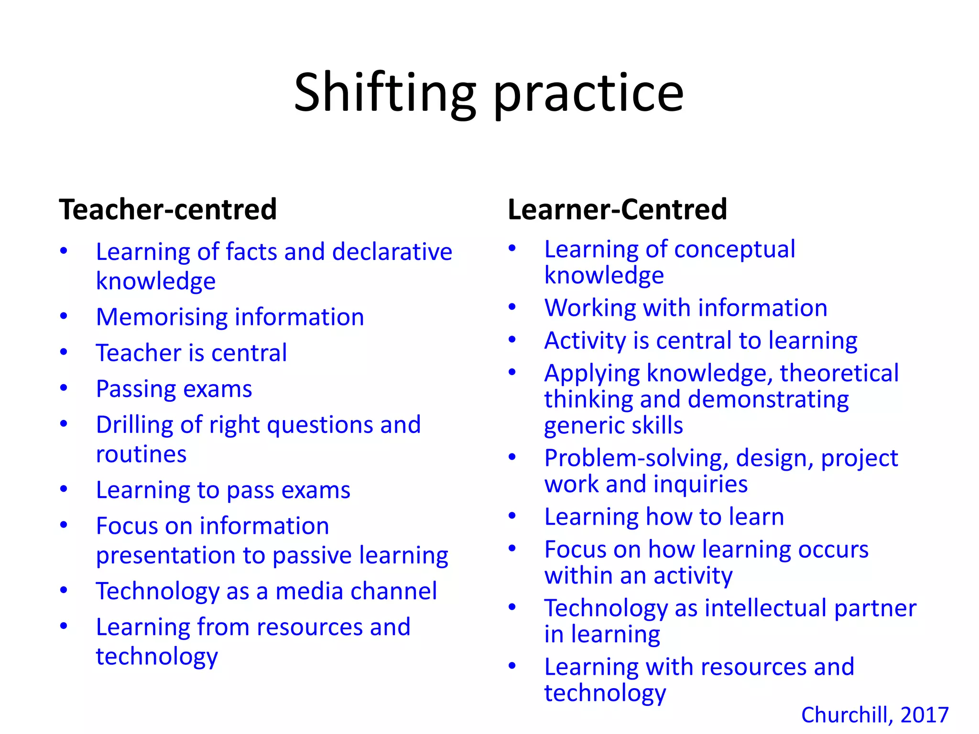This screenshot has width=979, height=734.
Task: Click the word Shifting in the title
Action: point(385,93)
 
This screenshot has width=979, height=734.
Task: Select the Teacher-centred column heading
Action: point(168,209)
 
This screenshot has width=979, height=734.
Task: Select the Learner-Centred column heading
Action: point(617,209)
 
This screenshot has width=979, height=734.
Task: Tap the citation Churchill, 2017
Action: point(875,715)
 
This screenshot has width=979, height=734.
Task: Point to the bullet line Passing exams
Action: point(174,389)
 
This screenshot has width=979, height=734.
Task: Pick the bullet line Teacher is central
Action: point(191,353)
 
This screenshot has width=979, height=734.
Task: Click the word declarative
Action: point(392,252)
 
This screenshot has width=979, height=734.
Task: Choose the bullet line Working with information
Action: point(686,308)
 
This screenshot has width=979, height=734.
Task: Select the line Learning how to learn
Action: point(664,517)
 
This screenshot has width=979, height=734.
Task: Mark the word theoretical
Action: point(839,373)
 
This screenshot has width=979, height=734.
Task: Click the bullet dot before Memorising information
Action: point(64,316)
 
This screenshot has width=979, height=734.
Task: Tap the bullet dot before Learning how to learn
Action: point(512,516)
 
